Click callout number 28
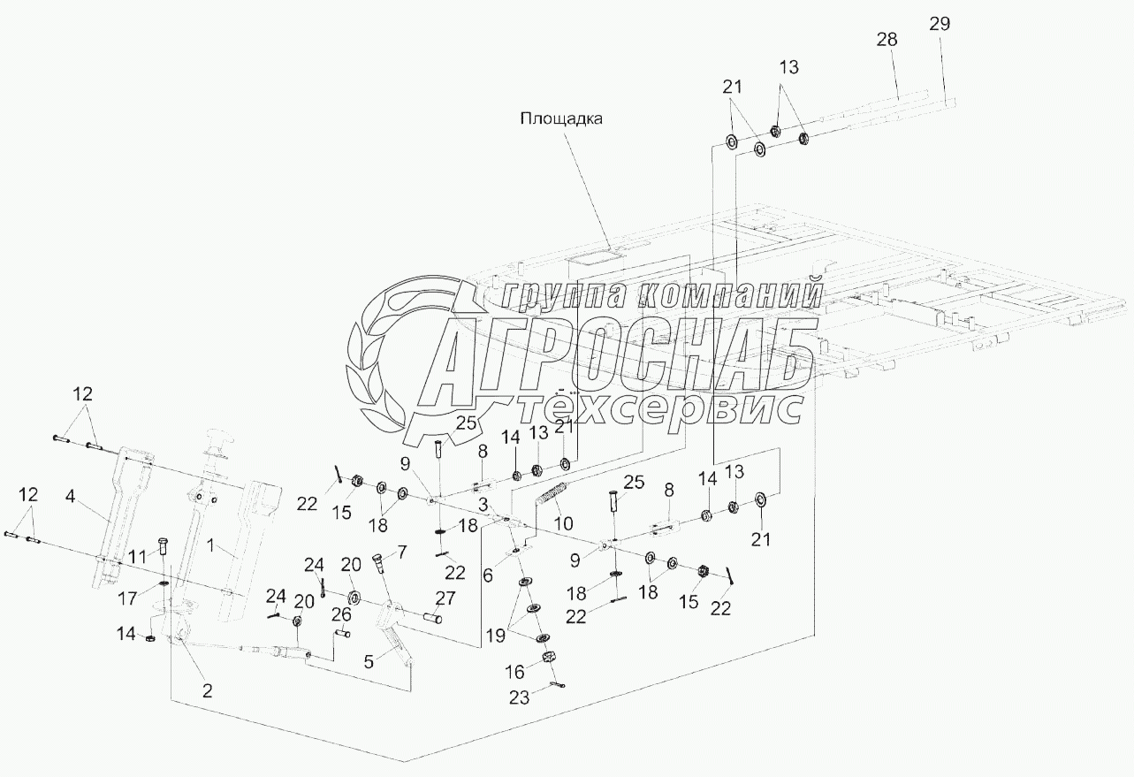(x=887, y=40)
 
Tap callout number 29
(x=939, y=24)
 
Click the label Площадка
(x=560, y=119)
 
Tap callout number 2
(x=207, y=691)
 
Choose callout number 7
(x=402, y=552)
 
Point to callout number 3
(x=482, y=504)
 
